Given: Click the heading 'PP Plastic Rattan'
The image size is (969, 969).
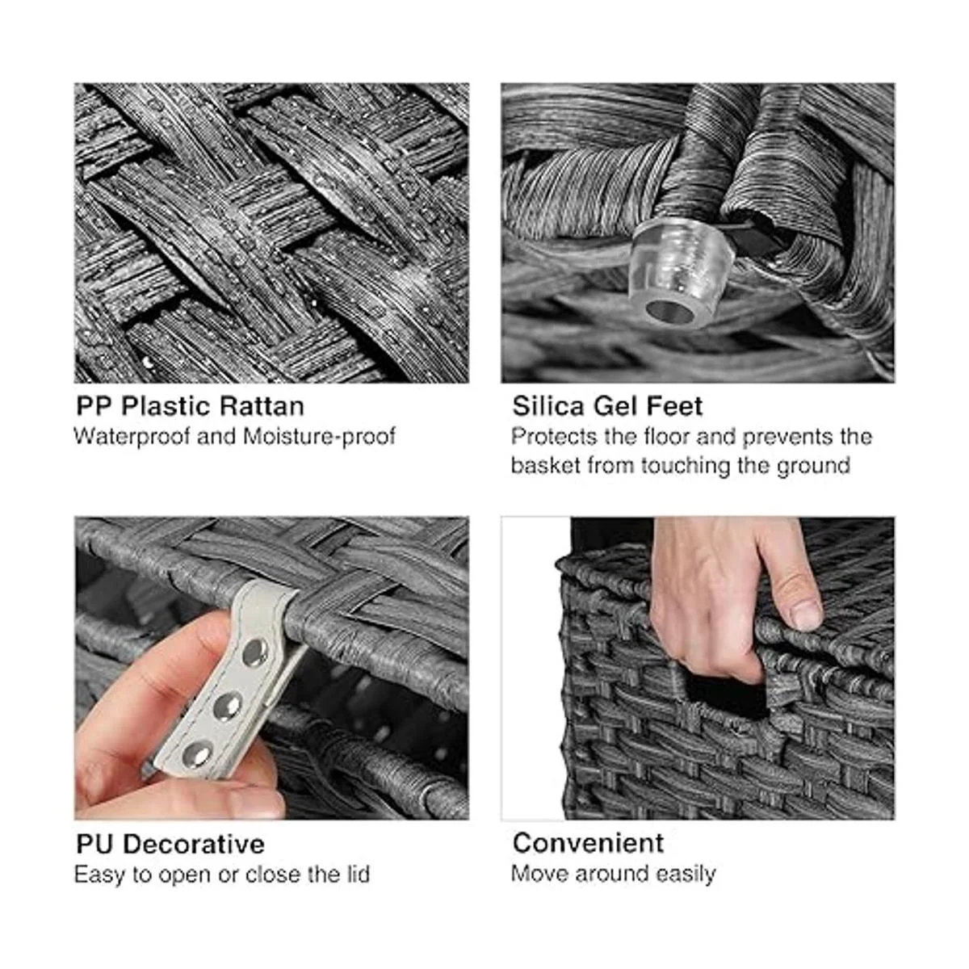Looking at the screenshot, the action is point(190,407).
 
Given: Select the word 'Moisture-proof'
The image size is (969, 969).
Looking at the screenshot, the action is point(319,437).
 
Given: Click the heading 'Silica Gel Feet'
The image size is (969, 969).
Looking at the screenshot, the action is point(607,406).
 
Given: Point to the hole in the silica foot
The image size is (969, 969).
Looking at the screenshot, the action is point(669,313).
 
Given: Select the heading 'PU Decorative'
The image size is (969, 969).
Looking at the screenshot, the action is point(170,845).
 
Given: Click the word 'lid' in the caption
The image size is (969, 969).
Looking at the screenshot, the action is point(358,875).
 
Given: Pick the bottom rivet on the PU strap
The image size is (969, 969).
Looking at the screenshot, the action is point(196,755).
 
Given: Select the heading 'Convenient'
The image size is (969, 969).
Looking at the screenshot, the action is point(589,843).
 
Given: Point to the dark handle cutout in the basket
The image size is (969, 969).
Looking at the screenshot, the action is point(727,696).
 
